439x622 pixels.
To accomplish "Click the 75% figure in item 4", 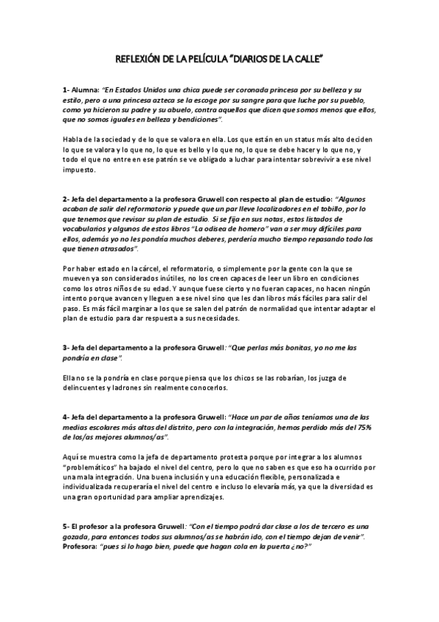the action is tap(365, 427).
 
